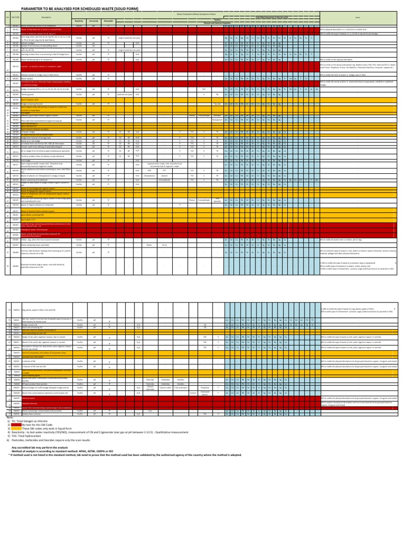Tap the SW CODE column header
pos(16,17)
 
